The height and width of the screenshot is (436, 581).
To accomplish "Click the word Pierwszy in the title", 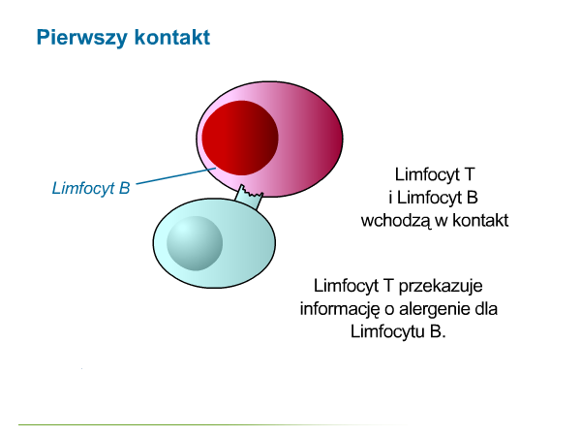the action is pos(81,38).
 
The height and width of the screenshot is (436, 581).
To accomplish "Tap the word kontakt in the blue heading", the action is pos(172,37).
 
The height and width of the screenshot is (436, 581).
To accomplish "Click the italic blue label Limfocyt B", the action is pos(91,188).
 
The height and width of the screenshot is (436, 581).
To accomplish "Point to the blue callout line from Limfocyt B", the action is pos(176,175).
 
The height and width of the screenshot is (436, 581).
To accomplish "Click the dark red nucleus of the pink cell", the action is pos(240,138).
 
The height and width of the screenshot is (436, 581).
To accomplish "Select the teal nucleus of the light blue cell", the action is pos(195,243).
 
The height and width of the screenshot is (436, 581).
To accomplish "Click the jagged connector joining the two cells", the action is pos(250,197).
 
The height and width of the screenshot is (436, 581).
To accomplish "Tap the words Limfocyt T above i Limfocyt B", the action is pos(435,174).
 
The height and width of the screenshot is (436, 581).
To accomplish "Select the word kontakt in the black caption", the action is pos(480,220).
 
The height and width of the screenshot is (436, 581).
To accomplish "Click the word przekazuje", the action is pos(441,286).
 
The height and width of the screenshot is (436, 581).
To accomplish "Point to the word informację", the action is pos(340,310).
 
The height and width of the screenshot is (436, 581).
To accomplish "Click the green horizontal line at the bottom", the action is pos(213,425).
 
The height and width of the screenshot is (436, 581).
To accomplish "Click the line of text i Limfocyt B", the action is pos(433,198).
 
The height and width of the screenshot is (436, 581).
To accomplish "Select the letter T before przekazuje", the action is pos(388,286).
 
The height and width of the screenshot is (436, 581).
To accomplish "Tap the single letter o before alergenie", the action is pos(389,310).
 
